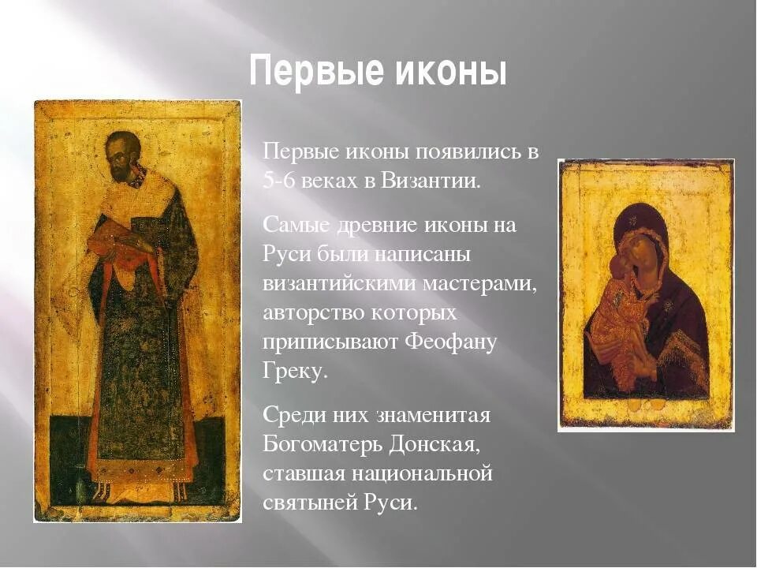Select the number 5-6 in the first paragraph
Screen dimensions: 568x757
(x=277, y=179)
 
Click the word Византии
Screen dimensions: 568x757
(x=431, y=179)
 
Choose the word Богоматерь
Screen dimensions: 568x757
(x=322, y=444)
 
